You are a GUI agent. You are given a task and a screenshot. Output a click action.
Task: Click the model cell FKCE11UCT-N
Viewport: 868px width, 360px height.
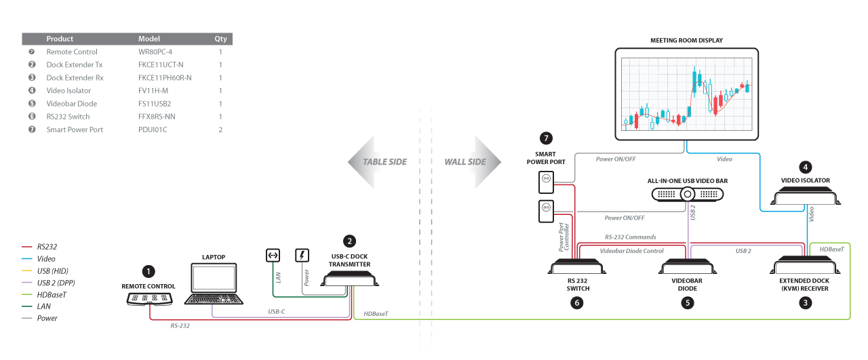click(161, 65)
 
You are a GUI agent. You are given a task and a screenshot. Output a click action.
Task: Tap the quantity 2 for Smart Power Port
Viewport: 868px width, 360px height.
click(220, 129)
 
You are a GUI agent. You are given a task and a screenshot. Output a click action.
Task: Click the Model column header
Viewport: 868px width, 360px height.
click(150, 39)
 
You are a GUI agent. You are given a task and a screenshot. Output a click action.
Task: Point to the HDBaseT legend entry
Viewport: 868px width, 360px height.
click(52, 294)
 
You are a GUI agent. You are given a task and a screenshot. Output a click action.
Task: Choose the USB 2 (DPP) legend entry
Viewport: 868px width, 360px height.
click(56, 282)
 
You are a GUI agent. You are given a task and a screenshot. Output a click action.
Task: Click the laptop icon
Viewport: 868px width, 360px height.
click(213, 285)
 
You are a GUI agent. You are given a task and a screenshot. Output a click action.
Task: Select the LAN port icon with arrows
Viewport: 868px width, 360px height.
click(273, 256)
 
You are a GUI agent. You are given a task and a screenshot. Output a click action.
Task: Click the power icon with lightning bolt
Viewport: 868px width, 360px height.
click(302, 256)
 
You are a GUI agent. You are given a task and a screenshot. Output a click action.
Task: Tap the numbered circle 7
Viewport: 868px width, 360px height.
click(546, 139)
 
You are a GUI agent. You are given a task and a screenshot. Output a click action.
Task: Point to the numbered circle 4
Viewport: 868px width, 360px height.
click(805, 167)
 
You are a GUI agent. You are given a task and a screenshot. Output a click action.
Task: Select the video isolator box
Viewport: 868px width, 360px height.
click(806, 198)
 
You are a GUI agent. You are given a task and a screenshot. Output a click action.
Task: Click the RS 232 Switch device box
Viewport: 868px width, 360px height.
click(576, 267)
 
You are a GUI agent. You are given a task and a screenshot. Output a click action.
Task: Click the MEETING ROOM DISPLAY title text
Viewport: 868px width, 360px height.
click(686, 41)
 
